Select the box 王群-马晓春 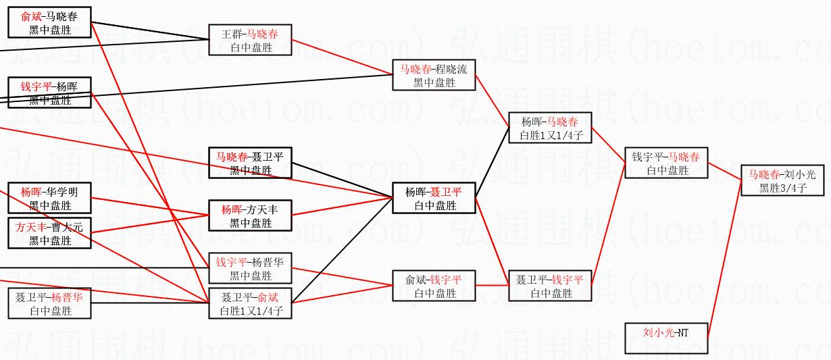pos(250,41)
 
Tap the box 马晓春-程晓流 pos(434,75)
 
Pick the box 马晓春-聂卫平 pos(250,163)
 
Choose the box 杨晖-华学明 pos(49,198)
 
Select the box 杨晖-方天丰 pos(250,216)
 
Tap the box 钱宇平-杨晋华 pos(250,268)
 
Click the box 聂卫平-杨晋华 pos(49,303)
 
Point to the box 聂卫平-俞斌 pos(250,303)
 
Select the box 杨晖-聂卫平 pos(434,199)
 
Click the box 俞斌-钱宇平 pos(434,286)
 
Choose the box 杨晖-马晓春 pos(550,128)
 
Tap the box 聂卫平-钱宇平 pos(550,286)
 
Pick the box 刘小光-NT pos(665,338)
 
